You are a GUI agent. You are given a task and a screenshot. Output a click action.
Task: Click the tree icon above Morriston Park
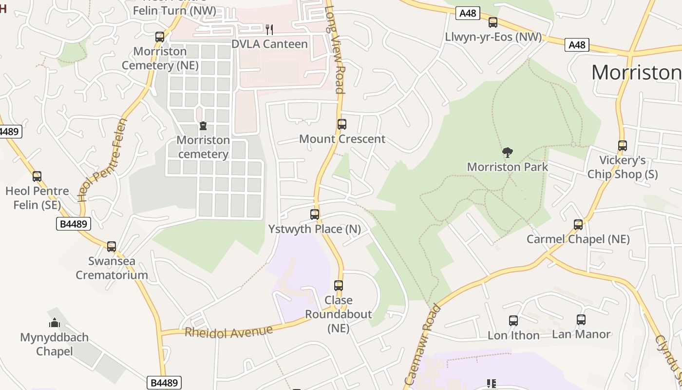(x=507, y=153)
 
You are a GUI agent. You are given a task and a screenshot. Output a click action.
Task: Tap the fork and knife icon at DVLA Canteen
(x=269, y=29)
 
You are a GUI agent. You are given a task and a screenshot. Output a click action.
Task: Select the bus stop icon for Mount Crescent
(x=342, y=124)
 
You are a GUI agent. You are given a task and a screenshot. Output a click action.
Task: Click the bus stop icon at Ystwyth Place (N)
(x=315, y=214)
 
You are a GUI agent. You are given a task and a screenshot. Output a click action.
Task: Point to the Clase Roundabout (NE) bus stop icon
(x=339, y=286)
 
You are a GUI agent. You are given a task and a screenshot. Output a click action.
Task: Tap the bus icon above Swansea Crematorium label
(x=112, y=247)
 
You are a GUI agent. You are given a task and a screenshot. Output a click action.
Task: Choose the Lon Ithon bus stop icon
(x=513, y=321)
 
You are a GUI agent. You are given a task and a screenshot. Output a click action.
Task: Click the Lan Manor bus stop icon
(x=581, y=320)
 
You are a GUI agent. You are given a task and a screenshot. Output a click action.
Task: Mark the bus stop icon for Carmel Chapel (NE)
(x=578, y=225)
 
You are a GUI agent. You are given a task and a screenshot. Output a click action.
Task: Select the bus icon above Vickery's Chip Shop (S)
(x=622, y=146)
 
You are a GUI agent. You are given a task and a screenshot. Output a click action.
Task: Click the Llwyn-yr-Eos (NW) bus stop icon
(x=493, y=22)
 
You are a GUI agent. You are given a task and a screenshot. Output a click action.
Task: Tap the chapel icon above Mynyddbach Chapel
(x=54, y=323)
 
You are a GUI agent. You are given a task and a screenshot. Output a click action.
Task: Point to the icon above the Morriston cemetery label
(x=203, y=126)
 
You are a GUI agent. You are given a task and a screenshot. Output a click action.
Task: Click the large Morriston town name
(x=636, y=73)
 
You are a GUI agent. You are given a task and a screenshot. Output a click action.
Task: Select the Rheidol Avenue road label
(x=228, y=331)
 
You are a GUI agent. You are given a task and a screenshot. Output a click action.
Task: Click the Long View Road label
(x=335, y=49)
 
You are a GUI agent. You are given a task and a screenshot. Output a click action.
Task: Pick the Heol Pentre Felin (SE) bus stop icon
(x=37, y=176)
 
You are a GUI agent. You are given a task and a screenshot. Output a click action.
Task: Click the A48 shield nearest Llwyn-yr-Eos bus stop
(x=468, y=13)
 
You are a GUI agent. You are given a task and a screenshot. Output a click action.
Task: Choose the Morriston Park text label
(x=507, y=167)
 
